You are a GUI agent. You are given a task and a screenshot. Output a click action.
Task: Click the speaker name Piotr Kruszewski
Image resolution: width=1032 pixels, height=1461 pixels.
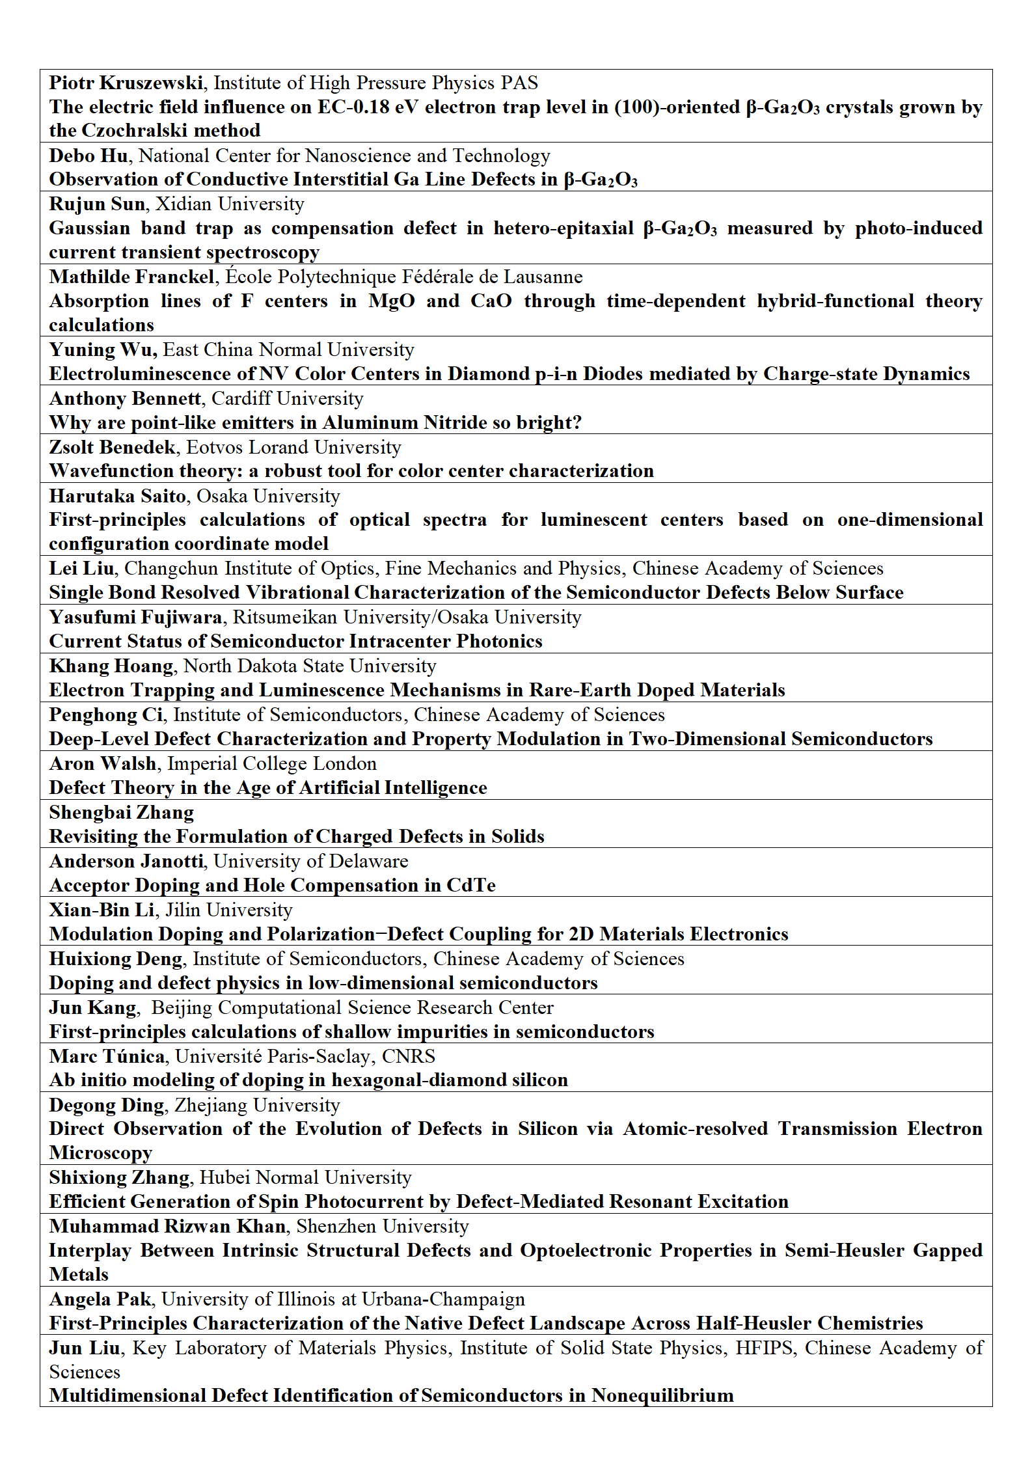[126, 83]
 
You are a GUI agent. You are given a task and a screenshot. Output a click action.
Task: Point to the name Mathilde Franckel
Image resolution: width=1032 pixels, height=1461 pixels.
[131, 277]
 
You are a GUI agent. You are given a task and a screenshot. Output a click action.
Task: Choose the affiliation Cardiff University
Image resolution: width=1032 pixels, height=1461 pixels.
[288, 398]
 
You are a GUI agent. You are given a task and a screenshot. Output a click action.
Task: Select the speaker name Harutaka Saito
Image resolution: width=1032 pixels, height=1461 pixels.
[118, 496]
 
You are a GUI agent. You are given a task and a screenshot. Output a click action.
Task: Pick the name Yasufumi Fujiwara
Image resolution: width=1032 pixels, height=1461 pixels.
[135, 617]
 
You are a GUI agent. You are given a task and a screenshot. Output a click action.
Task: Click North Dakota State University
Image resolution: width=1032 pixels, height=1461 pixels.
[310, 666]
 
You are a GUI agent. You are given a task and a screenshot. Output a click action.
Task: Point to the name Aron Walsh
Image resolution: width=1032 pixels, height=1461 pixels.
[103, 763]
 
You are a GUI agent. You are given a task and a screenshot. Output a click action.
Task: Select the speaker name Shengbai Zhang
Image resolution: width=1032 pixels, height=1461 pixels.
[122, 812]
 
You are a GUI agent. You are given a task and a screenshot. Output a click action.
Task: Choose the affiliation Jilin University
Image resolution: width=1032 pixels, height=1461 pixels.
[229, 910]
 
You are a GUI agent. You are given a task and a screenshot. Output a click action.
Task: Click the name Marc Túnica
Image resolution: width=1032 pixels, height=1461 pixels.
[107, 1056]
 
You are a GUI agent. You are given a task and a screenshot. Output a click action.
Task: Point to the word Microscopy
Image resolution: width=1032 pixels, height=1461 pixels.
[101, 1153]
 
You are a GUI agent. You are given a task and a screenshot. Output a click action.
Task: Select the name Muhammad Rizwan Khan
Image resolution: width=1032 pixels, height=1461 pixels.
[167, 1226]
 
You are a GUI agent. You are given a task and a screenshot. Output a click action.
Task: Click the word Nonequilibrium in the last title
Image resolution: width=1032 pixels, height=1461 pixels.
[662, 1395]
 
